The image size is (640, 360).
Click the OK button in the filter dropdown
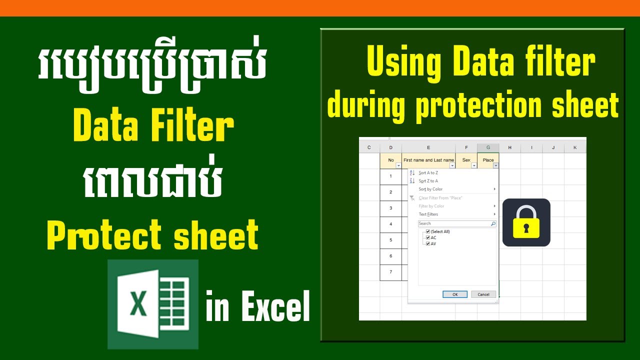pos(455,294)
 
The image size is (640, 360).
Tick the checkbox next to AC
pos(428,237)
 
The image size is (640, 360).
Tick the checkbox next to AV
pos(428,243)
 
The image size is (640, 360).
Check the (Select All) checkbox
pos(428,231)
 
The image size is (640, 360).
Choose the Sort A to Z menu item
pos(428,172)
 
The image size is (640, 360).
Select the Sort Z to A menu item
pos(428,181)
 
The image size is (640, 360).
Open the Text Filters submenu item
pos(428,214)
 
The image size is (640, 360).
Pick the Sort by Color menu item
pos(430,189)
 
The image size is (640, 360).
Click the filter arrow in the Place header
pos(495,165)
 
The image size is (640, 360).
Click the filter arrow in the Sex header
pos(474,165)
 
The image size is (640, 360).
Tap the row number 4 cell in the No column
pos(391,224)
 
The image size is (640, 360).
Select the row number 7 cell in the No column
pos(391,272)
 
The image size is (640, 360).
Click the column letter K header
pos(575,147)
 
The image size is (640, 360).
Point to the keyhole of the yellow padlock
pos(526,228)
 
